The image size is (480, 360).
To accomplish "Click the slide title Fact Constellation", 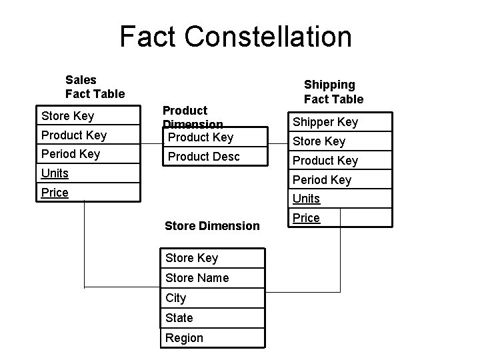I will coord(235,37).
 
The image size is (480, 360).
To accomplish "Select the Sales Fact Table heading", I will coord(95,87).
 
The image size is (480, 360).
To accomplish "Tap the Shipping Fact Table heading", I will coord(333,92).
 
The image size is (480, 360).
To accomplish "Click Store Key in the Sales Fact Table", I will coord(67,116).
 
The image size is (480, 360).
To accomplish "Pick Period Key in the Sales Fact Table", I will coord(70,154).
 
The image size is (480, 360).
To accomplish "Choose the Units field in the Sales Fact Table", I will coord(55,173).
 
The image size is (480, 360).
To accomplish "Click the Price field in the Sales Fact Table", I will coord(55,193).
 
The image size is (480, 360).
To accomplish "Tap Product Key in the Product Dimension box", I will coord(200,137).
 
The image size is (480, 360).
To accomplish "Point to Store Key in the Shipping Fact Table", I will coord(319,141).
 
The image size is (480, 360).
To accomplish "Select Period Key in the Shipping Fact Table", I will coord(322,180).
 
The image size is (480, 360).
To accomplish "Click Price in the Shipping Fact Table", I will coord(306,218).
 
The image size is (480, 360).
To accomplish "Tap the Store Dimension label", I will coord(212,226).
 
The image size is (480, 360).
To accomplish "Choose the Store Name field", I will coord(197,278).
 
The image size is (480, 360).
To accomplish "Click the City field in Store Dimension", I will coord(176,298).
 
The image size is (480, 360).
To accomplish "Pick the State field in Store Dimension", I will coord(179,318).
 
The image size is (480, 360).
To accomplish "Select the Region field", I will coord(184,338).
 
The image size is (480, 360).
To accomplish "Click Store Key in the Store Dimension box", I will coord(191,258).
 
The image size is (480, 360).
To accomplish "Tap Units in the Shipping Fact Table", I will coord(306,199).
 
